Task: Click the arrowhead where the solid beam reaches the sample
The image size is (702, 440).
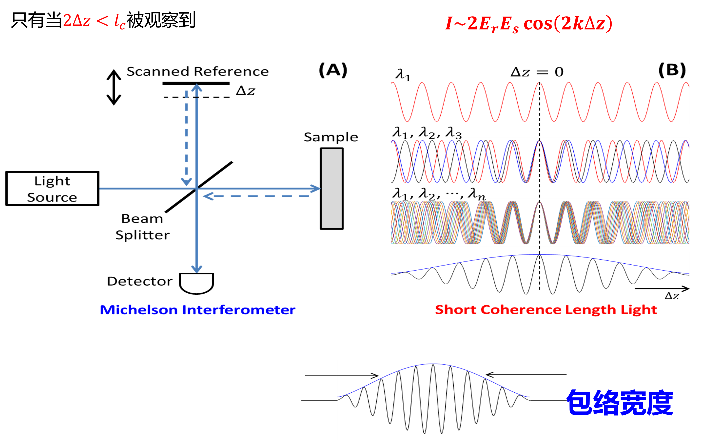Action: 320,189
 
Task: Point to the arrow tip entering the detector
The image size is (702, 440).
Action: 197,273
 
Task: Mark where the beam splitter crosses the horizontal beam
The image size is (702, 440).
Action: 197,189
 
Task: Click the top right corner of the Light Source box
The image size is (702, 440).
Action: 99,172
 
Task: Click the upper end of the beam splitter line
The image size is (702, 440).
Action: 232,162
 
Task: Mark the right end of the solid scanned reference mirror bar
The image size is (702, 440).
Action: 229,83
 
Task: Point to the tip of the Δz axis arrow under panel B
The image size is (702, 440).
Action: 689,289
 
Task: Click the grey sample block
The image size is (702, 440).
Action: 331,189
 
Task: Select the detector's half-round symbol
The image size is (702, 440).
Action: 196,283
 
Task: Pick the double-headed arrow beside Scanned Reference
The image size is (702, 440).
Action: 114,87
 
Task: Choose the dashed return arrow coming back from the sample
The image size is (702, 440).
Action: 256,197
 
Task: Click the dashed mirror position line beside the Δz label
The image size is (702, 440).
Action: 197,97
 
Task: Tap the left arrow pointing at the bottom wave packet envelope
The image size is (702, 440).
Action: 342,376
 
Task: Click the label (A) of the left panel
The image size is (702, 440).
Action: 333,70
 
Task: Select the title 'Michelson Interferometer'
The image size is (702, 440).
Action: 198,310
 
